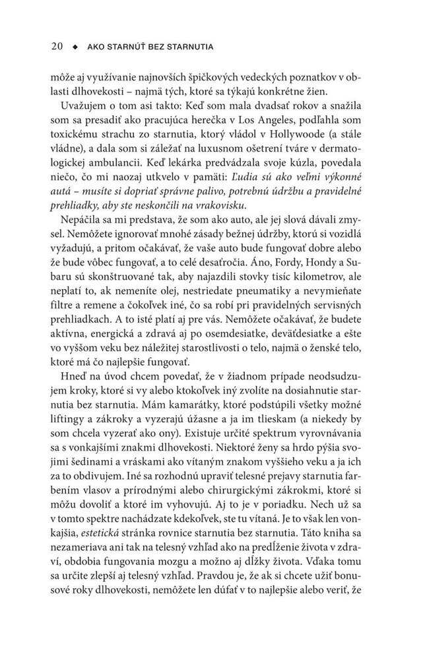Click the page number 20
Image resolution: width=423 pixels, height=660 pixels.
56,47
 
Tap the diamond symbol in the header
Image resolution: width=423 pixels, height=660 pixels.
76,48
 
